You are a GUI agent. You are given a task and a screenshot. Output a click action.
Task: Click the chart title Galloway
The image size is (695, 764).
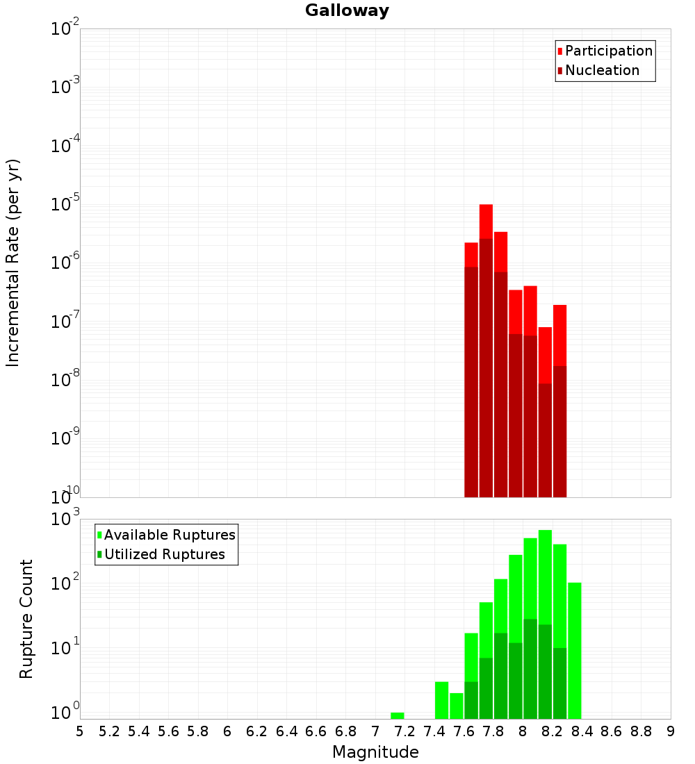click(x=347, y=10)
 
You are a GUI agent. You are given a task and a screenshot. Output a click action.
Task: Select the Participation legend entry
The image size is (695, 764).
click(x=608, y=51)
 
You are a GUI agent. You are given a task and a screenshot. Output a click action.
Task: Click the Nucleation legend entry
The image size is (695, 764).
click(x=601, y=70)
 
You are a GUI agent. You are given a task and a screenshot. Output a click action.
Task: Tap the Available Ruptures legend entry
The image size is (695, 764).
click(x=169, y=535)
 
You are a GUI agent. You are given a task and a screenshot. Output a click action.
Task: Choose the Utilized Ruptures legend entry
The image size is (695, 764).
click(x=164, y=554)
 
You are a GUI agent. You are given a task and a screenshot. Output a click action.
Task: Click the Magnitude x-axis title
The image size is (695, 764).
click(x=375, y=752)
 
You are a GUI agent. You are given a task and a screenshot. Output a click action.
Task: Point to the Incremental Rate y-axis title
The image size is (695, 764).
click(x=13, y=263)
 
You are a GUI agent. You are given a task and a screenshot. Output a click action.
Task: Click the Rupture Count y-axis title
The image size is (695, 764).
click(x=26, y=619)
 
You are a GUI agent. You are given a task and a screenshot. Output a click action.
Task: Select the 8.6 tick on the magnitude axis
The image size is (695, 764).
click(x=612, y=731)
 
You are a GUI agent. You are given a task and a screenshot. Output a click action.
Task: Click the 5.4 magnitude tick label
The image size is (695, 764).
click(x=138, y=731)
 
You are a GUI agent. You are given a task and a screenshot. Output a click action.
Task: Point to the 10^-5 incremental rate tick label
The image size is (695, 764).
click(x=66, y=204)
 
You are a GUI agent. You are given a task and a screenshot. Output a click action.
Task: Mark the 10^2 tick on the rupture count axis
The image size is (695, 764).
click(x=66, y=582)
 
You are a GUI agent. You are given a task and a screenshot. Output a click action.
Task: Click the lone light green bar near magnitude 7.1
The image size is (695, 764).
click(x=397, y=715)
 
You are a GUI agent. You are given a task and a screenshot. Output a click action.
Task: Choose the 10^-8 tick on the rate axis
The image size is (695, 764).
click(x=66, y=380)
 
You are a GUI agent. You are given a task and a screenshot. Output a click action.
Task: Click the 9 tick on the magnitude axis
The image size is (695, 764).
click(x=671, y=731)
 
